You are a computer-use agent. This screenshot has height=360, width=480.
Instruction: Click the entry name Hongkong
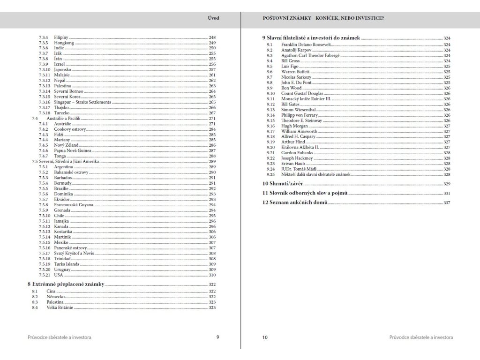[x=64, y=43]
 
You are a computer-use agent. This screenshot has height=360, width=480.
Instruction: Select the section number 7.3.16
[x=45, y=102]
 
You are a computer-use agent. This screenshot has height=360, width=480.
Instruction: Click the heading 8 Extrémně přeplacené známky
[x=66, y=285]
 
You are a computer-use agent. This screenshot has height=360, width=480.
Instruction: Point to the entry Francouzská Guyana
[x=74, y=205]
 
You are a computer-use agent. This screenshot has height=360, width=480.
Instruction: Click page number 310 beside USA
[x=212, y=275]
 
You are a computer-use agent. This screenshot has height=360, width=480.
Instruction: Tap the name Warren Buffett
[x=295, y=72]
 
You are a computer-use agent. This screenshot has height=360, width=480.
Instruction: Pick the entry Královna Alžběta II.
[x=300, y=147]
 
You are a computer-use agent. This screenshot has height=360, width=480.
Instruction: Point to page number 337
[x=446, y=202]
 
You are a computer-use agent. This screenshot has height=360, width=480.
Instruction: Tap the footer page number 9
[x=217, y=337]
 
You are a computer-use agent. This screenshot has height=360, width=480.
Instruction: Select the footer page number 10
[x=265, y=337]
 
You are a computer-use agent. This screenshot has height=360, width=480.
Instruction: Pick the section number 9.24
[x=270, y=169]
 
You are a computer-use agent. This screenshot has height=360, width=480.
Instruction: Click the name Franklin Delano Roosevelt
[x=307, y=45]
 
